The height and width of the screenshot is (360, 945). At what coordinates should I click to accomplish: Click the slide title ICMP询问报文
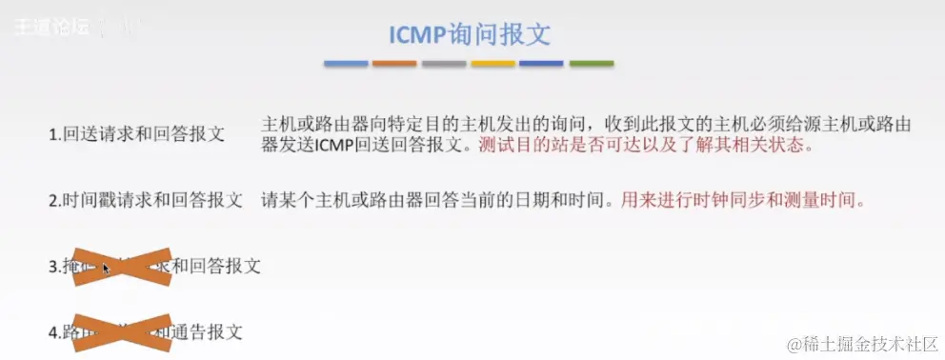(x=470, y=35)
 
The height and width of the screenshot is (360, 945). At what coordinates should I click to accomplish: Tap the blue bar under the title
(x=346, y=65)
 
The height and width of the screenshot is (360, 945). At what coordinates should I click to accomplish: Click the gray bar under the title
(x=444, y=65)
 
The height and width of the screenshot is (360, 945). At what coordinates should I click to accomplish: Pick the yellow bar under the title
(x=493, y=65)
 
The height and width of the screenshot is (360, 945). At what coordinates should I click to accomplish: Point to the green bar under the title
(x=592, y=65)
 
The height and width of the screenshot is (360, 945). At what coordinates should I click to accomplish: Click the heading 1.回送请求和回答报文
(x=137, y=135)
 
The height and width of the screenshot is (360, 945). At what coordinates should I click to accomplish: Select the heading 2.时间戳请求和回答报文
(x=146, y=201)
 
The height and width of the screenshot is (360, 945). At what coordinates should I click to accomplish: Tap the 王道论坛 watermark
(x=52, y=27)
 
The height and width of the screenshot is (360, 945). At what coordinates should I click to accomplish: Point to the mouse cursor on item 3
(x=106, y=268)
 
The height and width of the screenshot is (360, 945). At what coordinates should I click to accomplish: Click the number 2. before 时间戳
(x=55, y=201)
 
